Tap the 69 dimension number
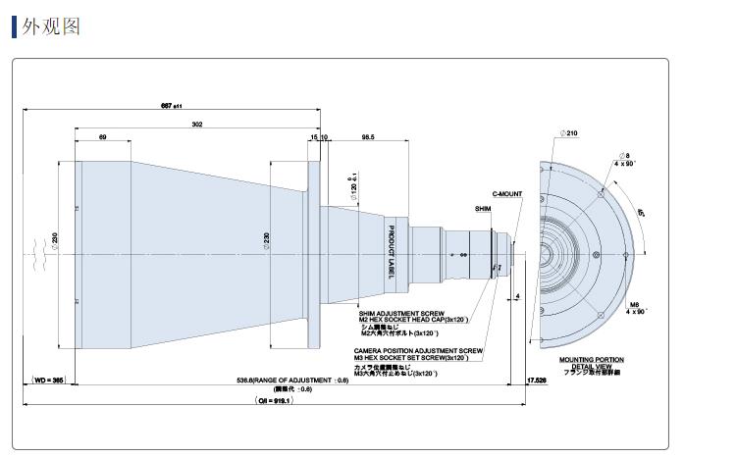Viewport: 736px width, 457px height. pyautogui.click(x=102, y=137)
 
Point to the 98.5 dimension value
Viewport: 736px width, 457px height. pyautogui.click(x=367, y=137)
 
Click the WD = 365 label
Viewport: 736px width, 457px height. pyautogui.click(x=49, y=380)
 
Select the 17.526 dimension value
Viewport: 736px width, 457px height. pyautogui.click(x=537, y=380)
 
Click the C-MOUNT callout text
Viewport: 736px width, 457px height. pyautogui.click(x=507, y=194)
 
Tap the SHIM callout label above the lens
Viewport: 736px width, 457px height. pyautogui.click(x=483, y=209)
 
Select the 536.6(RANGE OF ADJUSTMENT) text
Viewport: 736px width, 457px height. pyautogui.click(x=292, y=380)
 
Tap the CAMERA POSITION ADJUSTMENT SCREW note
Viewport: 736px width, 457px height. pyautogui.click(x=419, y=350)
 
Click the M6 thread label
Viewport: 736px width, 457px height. pyautogui.click(x=636, y=305)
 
